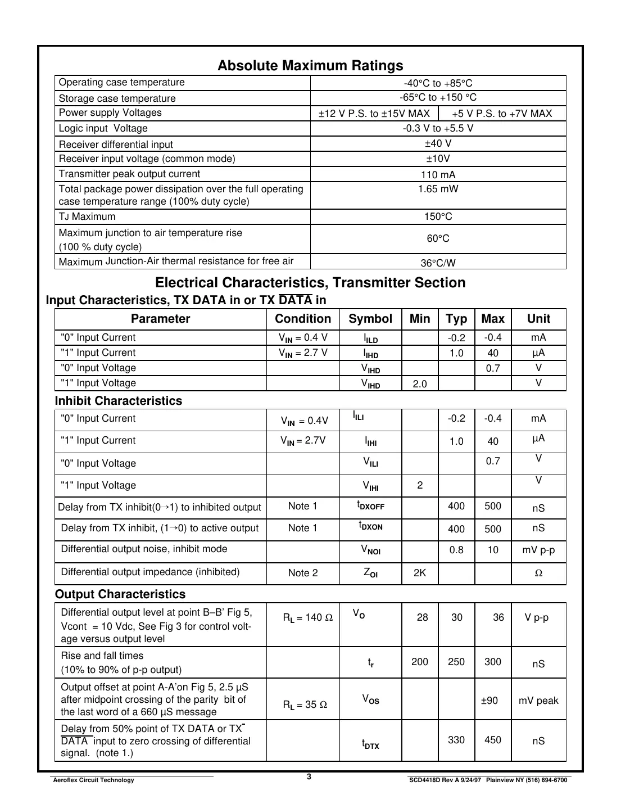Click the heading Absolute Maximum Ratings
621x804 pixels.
(x=310, y=66)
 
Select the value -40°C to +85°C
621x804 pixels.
(x=438, y=83)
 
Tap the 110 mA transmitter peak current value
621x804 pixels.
(x=438, y=175)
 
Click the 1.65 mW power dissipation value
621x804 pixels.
(x=438, y=189)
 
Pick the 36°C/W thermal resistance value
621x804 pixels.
(x=438, y=263)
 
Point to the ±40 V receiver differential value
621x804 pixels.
(x=438, y=144)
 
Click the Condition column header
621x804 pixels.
(x=303, y=319)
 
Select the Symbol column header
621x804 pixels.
(x=370, y=319)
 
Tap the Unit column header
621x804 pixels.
(x=538, y=319)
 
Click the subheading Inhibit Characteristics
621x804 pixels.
(x=119, y=401)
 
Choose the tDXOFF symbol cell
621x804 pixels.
(x=370, y=505)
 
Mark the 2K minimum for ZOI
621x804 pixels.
(x=420, y=573)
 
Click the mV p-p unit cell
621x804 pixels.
(x=538, y=550)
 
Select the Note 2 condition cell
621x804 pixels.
(x=303, y=573)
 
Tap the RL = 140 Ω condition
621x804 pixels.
(x=307, y=617)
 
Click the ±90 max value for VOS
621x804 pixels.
(x=489, y=701)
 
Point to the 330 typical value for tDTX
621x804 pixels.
(x=456, y=740)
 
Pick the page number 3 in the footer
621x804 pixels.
(x=309, y=777)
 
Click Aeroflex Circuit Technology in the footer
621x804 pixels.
(x=93, y=780)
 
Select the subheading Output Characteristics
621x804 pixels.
(x=120, y=594)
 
